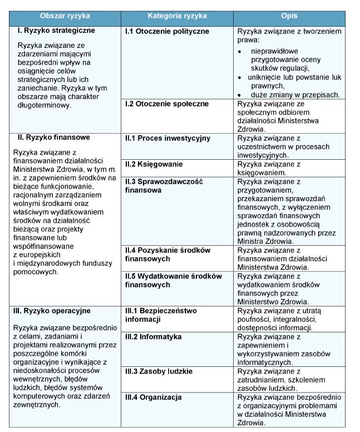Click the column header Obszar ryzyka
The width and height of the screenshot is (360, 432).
click(66, 18)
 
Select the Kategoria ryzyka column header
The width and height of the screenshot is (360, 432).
click(176, 18)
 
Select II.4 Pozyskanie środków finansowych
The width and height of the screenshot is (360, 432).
click(170, 254)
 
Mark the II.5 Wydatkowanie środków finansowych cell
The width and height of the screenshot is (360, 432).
click(173, 280)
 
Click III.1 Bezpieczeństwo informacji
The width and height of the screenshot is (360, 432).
click(161, 315)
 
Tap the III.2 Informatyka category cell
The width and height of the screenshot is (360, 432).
click(153, 337)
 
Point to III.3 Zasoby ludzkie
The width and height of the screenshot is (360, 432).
click(159, 371)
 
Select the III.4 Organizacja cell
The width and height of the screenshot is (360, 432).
click(153, 397)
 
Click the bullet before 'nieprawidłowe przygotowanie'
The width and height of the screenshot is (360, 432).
click(239, 51)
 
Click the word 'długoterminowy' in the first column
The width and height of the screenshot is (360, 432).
click(43, 105)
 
